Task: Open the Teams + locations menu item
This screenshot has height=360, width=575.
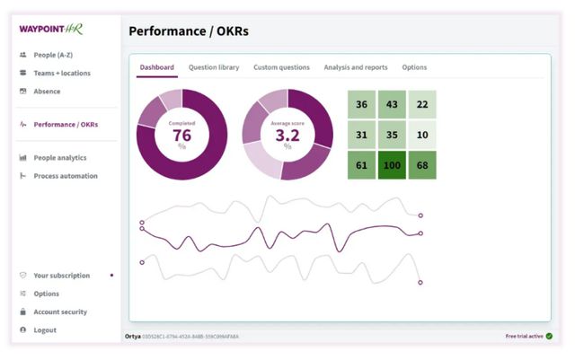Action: (61, 73)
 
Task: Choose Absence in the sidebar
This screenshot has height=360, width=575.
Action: (47, 91)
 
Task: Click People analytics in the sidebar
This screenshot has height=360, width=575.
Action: (59, 157)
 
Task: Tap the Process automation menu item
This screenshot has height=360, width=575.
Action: (65, 175)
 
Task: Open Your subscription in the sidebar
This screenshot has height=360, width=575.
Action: (61, 276)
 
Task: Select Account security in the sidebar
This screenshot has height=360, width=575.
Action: (60, 312)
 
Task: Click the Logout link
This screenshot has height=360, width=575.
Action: (45, 329)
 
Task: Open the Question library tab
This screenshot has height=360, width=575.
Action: (214, 67)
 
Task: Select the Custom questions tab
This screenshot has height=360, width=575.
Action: (281, 67)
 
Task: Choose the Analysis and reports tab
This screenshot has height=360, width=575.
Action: (356, 67)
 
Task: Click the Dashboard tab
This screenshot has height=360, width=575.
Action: (157, 67)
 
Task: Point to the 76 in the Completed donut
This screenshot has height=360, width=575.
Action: (181, 135)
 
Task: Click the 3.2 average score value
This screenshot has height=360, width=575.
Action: (287, 135)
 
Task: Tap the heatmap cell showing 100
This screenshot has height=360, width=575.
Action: (392, 165)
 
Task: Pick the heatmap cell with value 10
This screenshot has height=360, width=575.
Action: (422, 136)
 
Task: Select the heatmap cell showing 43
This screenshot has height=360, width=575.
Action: (392, 105)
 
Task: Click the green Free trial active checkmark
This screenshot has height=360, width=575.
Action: (549, 336)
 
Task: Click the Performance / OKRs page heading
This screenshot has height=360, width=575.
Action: (189, 31)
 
